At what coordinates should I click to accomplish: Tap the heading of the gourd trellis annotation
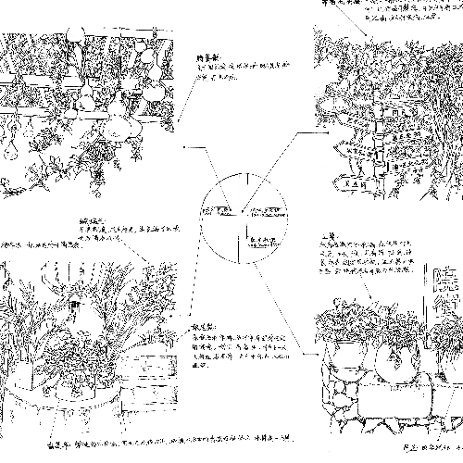pos(206,56)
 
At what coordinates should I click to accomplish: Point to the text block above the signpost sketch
pos(407,11)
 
